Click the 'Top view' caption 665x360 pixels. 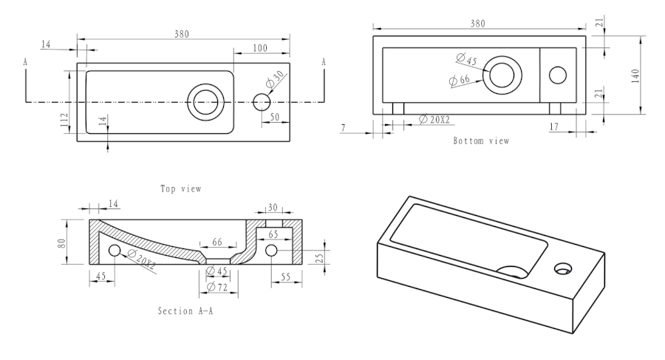point(181,189)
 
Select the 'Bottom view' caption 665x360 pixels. point(481,140)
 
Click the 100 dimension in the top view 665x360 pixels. point(259,48)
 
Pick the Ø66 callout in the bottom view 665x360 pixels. point(460,79)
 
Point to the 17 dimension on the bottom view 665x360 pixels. point(573,127)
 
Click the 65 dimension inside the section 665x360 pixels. point(273,234)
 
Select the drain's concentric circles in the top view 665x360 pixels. point(204,101)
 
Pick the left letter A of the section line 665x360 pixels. point(26,63)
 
